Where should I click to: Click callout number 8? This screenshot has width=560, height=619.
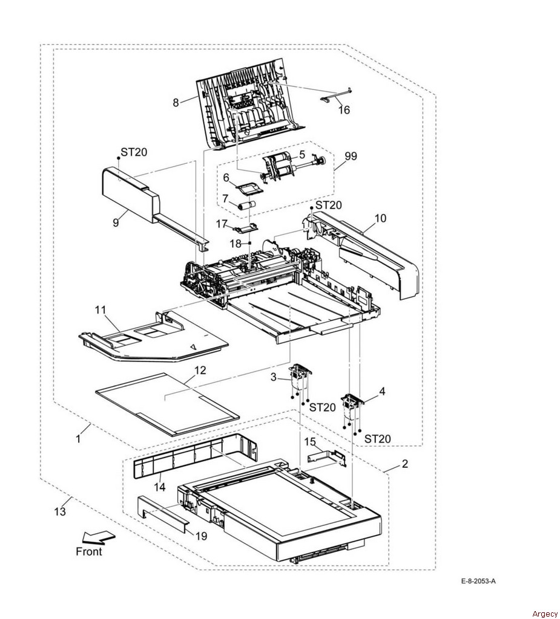pyautogui.click(x=176, y=103)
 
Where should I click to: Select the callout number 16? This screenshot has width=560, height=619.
pyautogui.click(x=344, y=110)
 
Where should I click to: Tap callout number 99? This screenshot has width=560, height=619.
pyautogui.click(x=351, y=156)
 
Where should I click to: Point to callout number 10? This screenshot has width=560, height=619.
pyautogui.click(x=380, y=218)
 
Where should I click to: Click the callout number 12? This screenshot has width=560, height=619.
pyautogui.click(x=200, y=370)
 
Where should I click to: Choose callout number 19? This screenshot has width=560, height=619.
pyautogui.click(x=200, y=536)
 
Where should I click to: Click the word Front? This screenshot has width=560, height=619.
pyautogui.click(x=89, y=551)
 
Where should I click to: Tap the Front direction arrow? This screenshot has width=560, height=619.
pyautogui.click(x=98, y=537)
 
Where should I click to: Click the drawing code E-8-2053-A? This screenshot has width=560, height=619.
pyautogui.click(x=478, y=582)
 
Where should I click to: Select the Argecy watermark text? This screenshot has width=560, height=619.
pyautogui.click(x=545, y=614)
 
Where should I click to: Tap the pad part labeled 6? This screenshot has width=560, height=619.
pyautogui.click(x=249, y=188)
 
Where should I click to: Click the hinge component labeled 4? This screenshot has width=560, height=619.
pyautogui.click(x=351, y=406)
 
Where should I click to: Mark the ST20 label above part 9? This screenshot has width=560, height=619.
pyautogui.click(x=133, y=153)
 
